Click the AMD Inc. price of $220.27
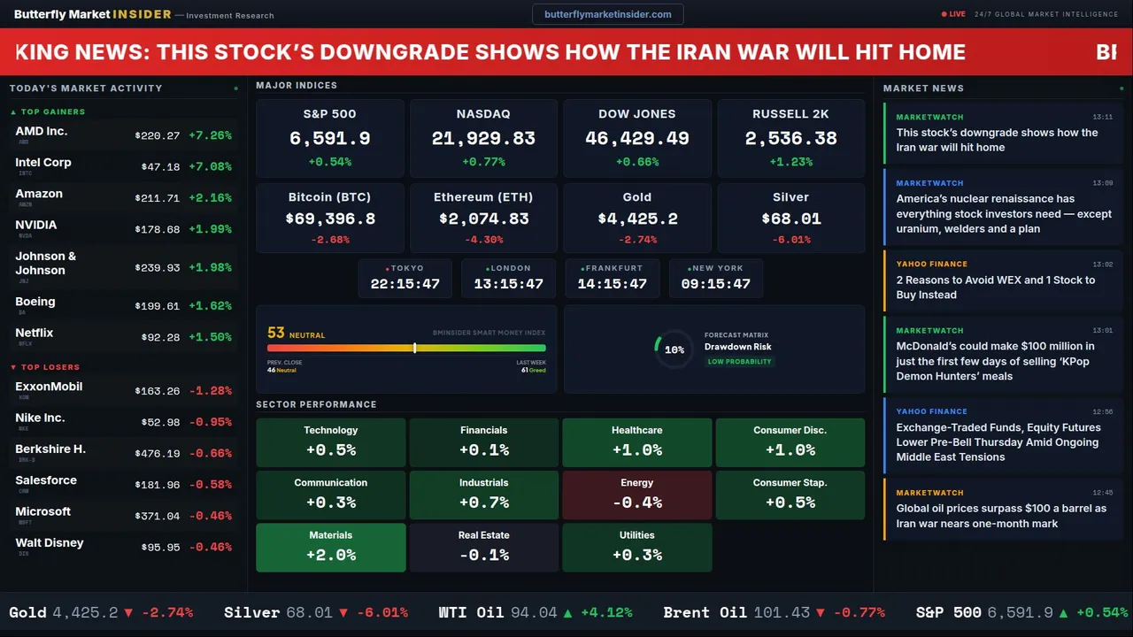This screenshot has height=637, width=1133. pyautogui.click(x=158, y=136)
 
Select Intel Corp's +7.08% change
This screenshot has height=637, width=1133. pyautogui.click(x=210, y=167)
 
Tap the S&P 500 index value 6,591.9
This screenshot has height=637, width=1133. pyautogui.click(x=330, y=139)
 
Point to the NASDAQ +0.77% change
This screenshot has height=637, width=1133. pyautogui.click(x=483, y=162)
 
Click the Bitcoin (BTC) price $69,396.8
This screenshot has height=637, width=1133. pyautogui.click(x=330, y=219)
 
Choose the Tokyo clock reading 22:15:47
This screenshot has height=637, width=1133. pyautogui.click(x=405, y=284)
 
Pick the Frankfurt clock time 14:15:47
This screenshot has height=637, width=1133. pyautogui.click(x=613, y=284)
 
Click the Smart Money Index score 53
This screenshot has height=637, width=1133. pyautogui.click(x=276, y=334)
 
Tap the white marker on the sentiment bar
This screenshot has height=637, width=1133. pyautogui.click(x=415, y=348)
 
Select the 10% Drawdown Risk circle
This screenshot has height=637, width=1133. pyautogui.click(x=674, y=349)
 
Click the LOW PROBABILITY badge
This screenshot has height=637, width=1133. pyautogui.click(x=739, y=362)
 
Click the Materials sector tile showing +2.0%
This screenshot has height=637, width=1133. pyautogui.click(x=331, y=548)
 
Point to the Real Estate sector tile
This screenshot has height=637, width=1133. pyautogui.click(x=484, y=548)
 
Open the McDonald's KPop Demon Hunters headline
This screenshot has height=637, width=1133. pyautogui.click(x=995, y=361)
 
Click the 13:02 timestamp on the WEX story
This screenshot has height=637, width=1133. pyautogui.click(x=1102, y=265)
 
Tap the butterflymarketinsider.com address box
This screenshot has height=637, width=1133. pyautogui.click(x=608, y=14)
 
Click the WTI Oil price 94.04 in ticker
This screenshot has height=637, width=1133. pyautogui.click(x=534, y=612)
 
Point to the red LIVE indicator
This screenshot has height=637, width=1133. pyautogui.click(x=953, y=14)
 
